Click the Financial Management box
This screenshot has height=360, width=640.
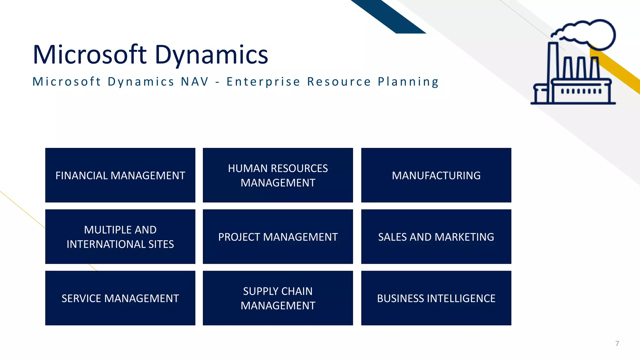(120, 175)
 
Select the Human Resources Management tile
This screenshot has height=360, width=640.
(278, 175)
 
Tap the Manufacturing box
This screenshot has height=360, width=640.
(436, 175)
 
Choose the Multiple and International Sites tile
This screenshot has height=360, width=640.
(120, 237)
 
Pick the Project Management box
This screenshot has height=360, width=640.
(278, 237)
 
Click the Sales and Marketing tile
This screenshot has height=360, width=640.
(436, 237)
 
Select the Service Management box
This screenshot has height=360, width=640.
(120, 298)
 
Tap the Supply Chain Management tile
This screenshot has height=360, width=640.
(278, 298)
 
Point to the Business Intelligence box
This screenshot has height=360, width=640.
(436, 298)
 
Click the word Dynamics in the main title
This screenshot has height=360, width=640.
(211, 55)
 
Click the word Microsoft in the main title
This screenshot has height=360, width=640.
(89, 54)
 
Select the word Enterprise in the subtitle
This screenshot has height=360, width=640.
(263, 82)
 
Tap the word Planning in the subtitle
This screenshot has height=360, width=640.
(408, 82)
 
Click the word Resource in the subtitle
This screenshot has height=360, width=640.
(339, 82)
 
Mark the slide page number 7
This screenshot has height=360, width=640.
(617, 343)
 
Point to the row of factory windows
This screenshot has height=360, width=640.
(581, 92)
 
